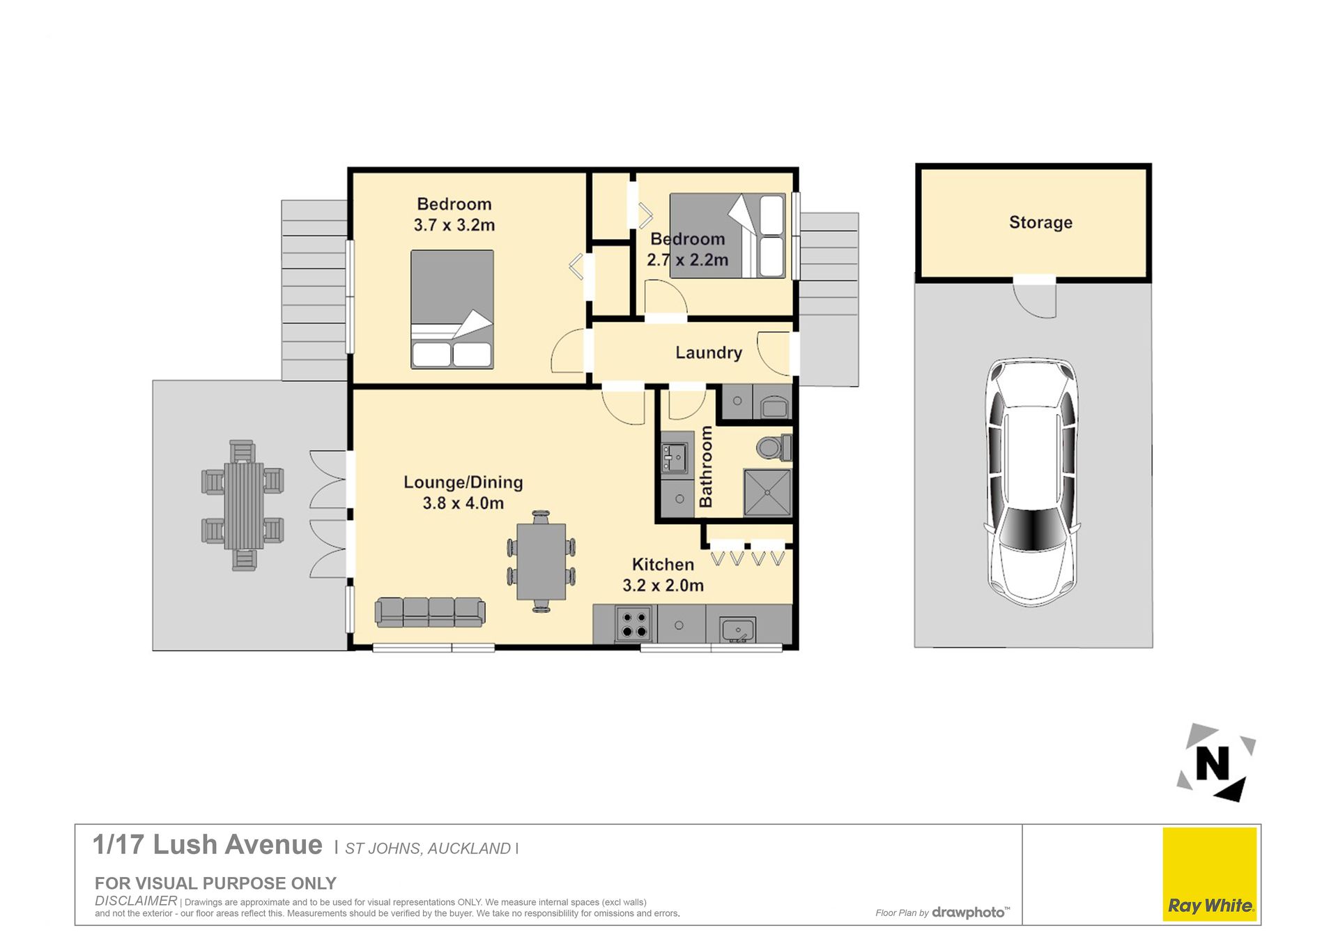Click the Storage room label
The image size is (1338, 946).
tap(1040, 222)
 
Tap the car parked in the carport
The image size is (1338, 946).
tap(1031, 482)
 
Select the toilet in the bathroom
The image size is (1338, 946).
tap(774, 447)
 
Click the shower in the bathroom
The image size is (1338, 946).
tap(767, 492)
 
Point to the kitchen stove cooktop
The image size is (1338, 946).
tap(634, 625)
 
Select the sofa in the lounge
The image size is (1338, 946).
tap(430, 612)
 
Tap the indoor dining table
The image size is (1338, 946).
tap(541, 561)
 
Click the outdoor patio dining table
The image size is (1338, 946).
tap(243, 505)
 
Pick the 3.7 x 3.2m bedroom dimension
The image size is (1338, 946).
tap(454, 225)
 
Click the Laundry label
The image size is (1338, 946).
tap(709, 353)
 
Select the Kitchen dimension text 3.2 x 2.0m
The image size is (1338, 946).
tap(663, 586)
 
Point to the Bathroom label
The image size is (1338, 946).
tap(706, 466)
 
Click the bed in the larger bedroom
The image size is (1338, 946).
tap(452, 309)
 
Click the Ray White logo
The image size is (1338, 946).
tap(1210, 874)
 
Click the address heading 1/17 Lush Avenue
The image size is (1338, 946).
tap(208, 845)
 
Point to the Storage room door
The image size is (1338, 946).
tap(1035, 298)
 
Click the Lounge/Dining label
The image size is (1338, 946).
tap(463, 482)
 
